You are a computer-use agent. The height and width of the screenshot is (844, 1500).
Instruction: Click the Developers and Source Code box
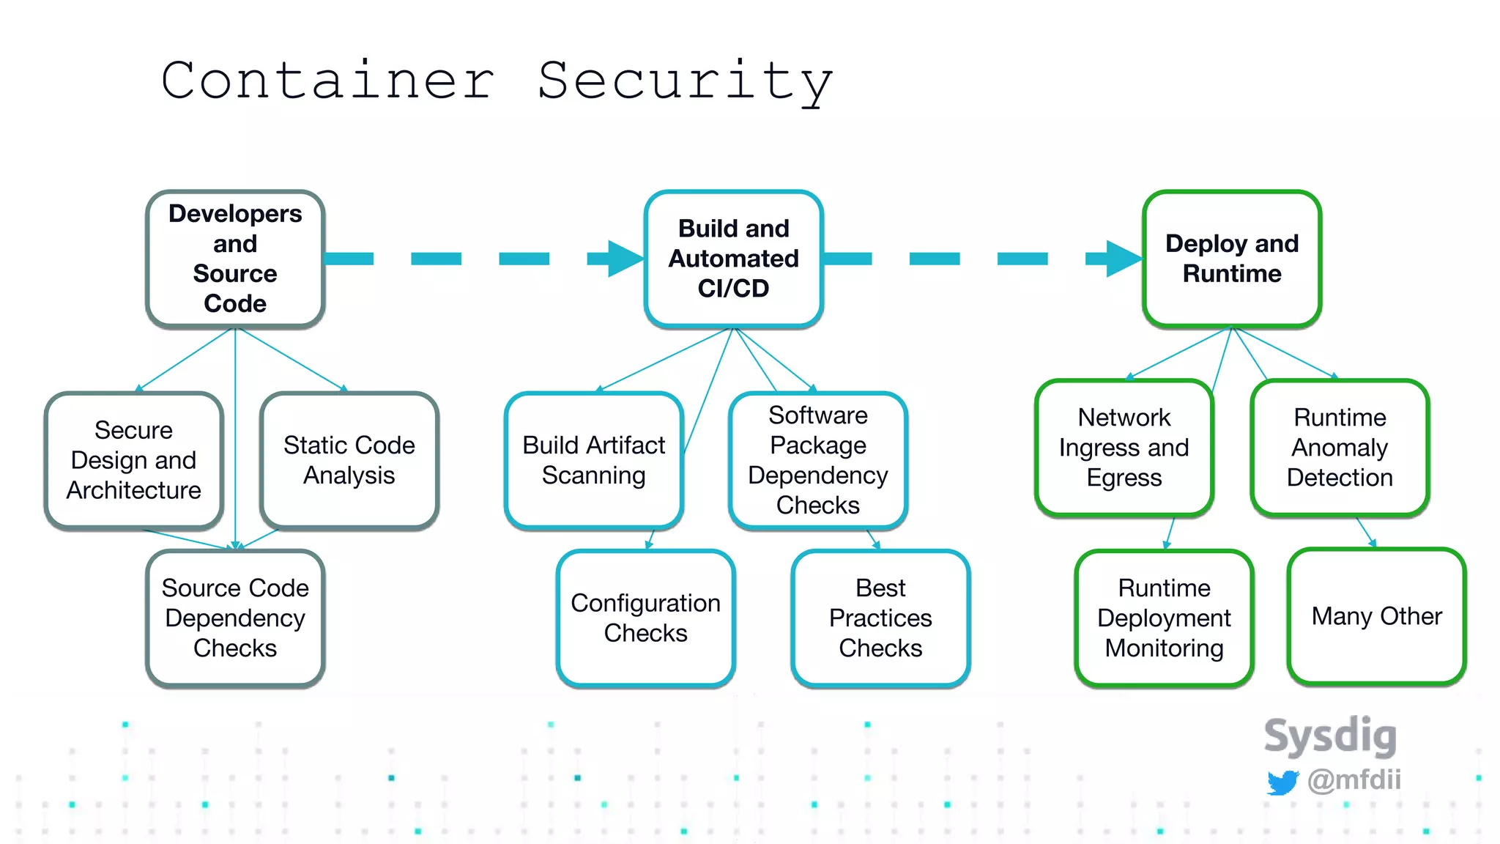(235, 259)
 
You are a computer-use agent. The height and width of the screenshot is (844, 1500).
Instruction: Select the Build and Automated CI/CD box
(734, 259)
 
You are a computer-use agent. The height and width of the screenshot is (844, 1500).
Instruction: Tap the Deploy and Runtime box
(1232, 259)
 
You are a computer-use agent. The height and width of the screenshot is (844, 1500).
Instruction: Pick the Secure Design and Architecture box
(134, 460)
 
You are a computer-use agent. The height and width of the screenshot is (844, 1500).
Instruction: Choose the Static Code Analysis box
(349, 460)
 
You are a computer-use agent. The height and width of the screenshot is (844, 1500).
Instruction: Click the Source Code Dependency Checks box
(235, 618)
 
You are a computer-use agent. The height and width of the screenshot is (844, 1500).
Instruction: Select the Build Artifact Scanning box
(594, 460)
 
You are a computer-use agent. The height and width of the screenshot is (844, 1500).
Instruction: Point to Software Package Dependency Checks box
(818, 460)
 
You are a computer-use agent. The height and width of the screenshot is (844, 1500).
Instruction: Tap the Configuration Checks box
(645, 618)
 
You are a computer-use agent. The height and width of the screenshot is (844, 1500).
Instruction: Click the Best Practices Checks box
(880, 618)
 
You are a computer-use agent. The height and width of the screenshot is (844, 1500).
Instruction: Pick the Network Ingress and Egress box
(1124, 448)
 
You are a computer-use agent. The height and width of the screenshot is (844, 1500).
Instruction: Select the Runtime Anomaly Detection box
(1340, 448)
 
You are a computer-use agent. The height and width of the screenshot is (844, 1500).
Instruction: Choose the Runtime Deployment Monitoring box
(1164, 618)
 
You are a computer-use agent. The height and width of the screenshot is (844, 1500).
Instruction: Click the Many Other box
(1376, 617)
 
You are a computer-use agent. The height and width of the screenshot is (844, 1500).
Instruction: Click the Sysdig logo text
(1330, 736)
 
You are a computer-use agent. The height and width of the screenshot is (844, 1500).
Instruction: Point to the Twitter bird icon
(1282, 782)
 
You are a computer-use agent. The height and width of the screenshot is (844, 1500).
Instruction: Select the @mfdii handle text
(1354, 780)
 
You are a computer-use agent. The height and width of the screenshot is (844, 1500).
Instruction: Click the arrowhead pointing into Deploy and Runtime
(1123, 259)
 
